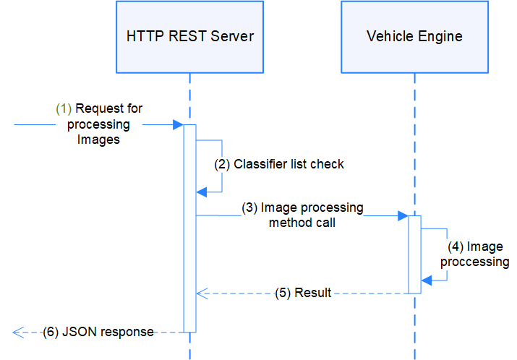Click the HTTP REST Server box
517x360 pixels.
click(x=189, y=36)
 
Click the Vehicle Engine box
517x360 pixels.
click(x=414, y=36)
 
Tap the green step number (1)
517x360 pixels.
click(x=64, y=108)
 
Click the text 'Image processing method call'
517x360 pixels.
click(x=302, y=215)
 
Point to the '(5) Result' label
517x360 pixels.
click(x=303, y=293)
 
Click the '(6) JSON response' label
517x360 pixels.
click(x=98, y=332)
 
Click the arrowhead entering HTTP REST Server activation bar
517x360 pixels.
click(x=178, y=125)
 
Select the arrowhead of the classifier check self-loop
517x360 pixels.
click(x=202, y=192)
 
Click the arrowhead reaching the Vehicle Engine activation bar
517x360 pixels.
click(x=403, y=215)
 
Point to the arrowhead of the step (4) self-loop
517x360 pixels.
click(x=427, y=280)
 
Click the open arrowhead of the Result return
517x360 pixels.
click(x=202, y=293)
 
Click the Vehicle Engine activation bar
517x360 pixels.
click(x=415, y=253)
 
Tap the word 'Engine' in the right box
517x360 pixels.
click(x=440, y=36)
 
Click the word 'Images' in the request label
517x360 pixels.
click(x=98, y=140)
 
